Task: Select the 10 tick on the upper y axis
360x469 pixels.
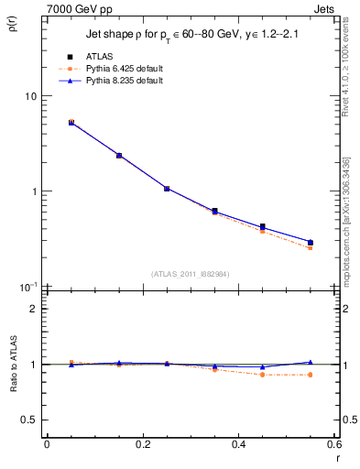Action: tap(30, 96)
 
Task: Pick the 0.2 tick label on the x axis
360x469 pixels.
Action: tap(142, 444)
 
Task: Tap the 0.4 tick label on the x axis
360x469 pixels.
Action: tap(238, 444)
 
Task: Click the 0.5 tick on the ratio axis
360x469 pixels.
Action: tap(30, 420)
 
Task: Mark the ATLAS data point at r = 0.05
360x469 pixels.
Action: tap(71, 122)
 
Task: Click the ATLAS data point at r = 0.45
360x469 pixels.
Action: tap(263, 226)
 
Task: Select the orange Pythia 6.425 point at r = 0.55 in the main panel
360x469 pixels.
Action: tap(311, 248)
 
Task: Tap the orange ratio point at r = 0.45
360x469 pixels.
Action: tap(263, 375)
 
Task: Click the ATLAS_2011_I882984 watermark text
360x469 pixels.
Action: tap(190, 273)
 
